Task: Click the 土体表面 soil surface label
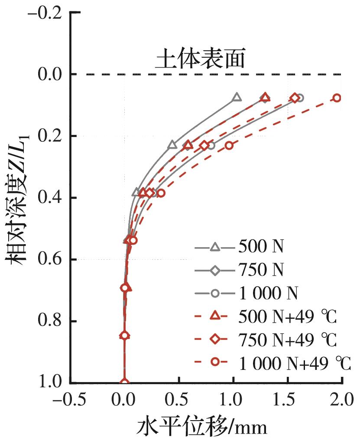click(x=201, y=61)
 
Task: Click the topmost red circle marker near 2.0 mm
click(x=337, y=98)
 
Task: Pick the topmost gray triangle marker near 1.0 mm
click(x=237, y=98)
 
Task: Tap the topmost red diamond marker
click(x=295, y=98)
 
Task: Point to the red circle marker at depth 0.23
click(x=229, y=145)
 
